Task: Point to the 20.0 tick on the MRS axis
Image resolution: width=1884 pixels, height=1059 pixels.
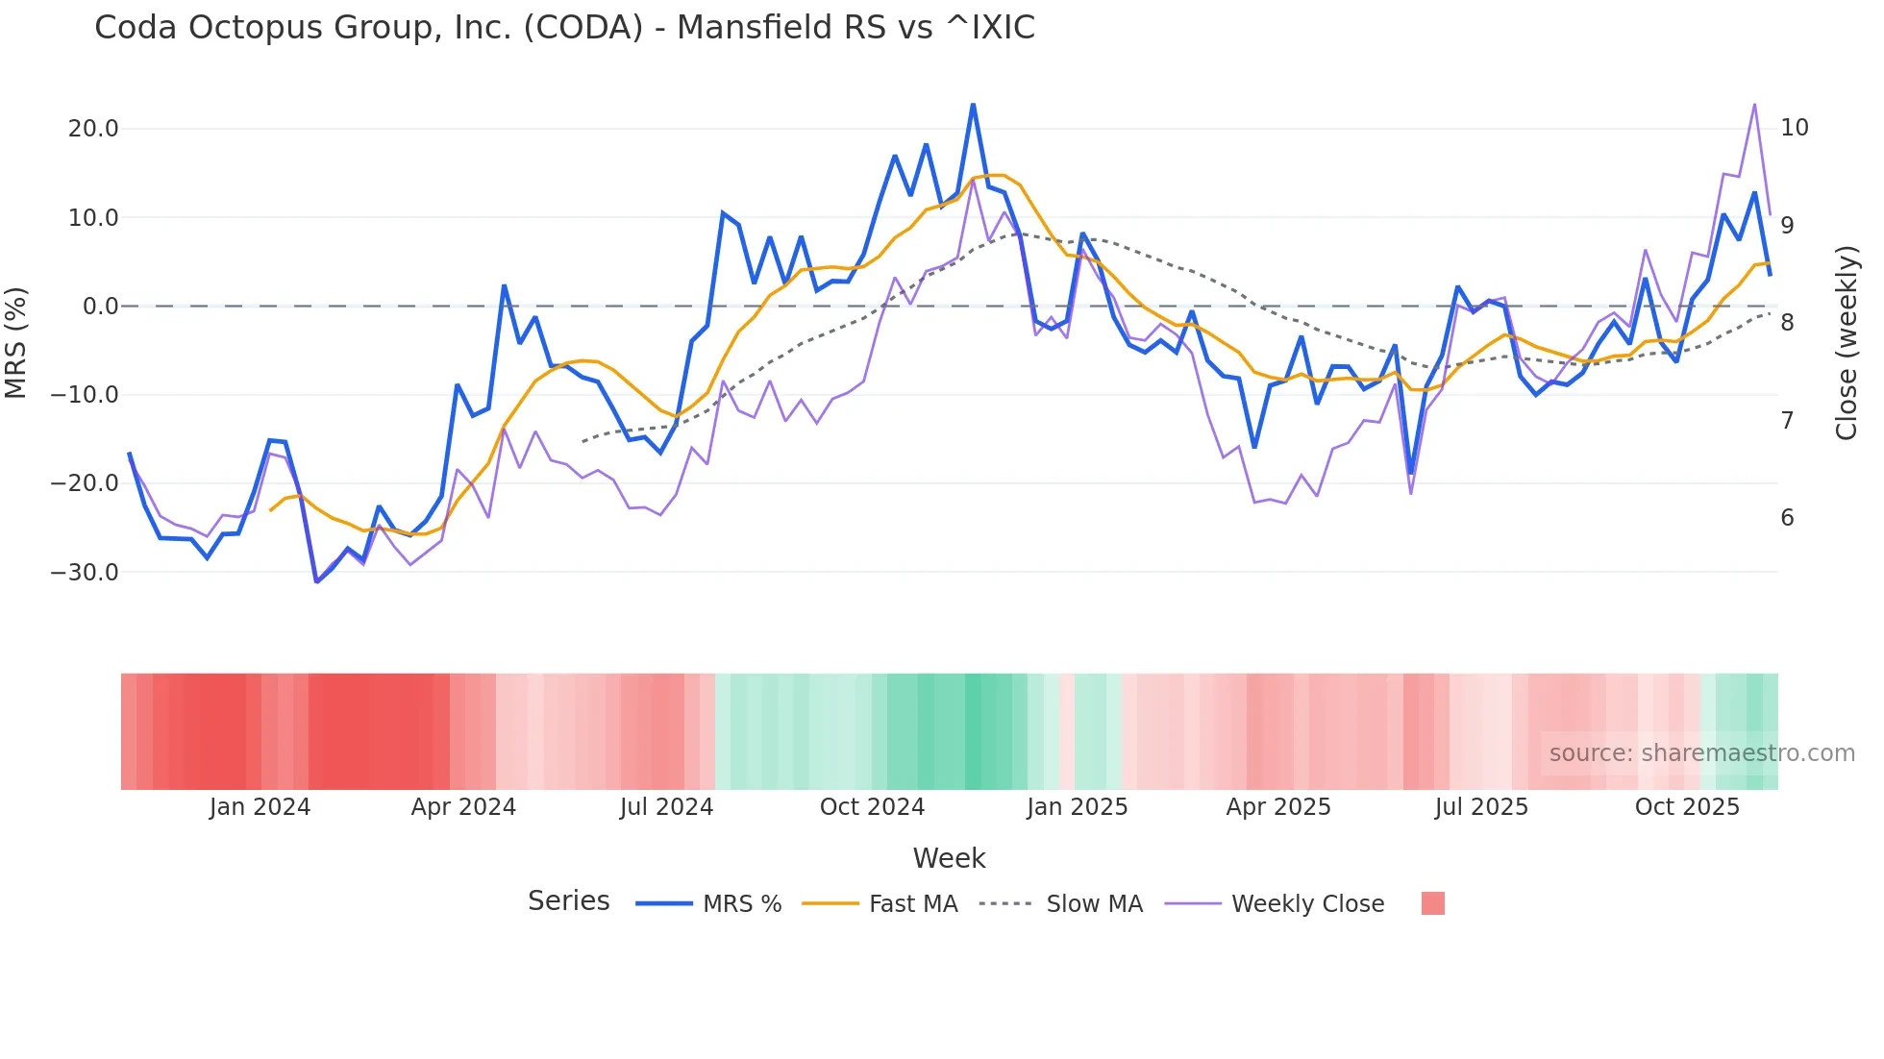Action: point(93,129)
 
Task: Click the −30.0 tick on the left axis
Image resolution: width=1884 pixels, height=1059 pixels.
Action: point(86,573)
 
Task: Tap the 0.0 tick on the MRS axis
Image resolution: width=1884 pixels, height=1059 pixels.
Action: point(101,307)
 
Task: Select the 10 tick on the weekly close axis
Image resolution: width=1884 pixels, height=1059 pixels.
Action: point(1795,128)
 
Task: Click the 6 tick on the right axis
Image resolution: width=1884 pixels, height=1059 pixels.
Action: point(1787,518)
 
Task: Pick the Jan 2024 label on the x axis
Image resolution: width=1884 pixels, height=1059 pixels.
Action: point(260,807)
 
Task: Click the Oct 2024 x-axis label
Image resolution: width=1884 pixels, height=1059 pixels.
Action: point(872,807)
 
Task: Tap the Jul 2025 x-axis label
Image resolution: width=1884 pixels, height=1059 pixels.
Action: point(1481,807)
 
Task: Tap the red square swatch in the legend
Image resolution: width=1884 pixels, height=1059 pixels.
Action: point(1432,903)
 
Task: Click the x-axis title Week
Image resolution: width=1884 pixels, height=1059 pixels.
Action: point(949,858)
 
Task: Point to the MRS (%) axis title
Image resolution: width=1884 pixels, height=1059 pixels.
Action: point(16,342)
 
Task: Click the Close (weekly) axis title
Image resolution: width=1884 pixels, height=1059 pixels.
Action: point(1847,343)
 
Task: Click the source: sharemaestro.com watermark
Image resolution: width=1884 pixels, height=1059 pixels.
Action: point(1701,753)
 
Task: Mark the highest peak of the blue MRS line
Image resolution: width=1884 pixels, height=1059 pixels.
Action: point(973,104)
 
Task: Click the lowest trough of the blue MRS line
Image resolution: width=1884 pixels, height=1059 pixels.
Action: point(316,581)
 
